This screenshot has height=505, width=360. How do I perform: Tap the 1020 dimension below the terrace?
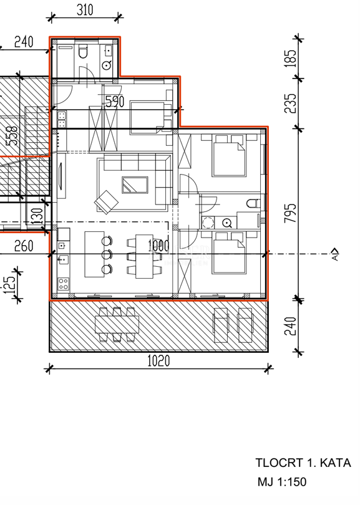pos(158,360)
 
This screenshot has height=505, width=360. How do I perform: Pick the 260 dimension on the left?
pos(23,247)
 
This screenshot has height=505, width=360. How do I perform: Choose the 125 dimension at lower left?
pos(9,285)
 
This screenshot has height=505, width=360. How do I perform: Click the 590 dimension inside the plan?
pos(114,102)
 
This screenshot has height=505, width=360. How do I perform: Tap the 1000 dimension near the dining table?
pos(158,246)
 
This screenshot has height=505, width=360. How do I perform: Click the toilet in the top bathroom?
pos(82,51)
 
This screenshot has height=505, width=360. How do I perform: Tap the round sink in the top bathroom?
pos(107,64)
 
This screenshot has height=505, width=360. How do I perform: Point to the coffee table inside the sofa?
pos(134,185)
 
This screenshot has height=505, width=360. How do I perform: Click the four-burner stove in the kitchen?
pos(63,284)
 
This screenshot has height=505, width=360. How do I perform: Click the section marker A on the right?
pos(335,254)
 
